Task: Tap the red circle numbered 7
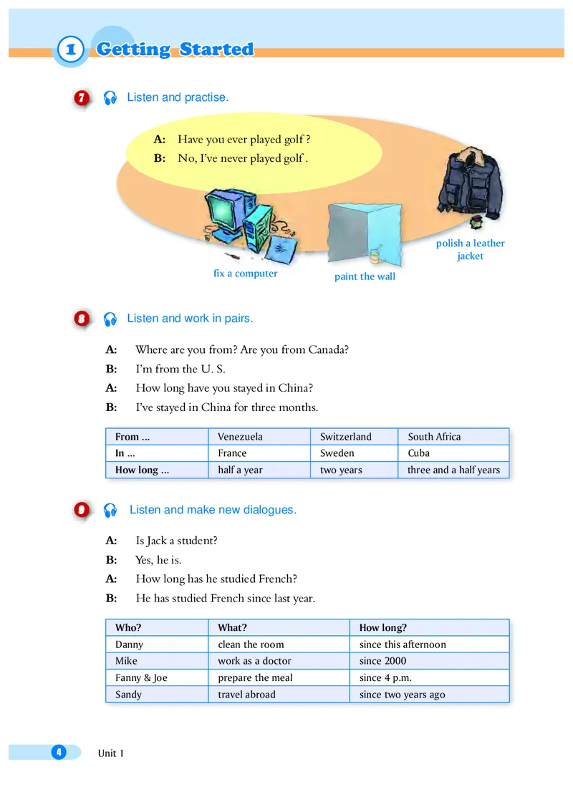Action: [x=82, y=98]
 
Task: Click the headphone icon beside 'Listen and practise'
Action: [x=110, y=98]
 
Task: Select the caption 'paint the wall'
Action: [x=365, y=276]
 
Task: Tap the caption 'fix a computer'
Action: [x=245, y=273]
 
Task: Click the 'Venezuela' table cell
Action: [x=240, y=436]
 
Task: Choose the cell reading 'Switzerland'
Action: [x=345, y=436]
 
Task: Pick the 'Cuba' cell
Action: [x=418, y=453]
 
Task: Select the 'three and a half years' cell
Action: [x=453, y=470]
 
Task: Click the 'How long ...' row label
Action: [x=142, y=470]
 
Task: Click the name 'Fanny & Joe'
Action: [x=141, y=677]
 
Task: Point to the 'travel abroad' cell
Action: [x=246, y=694]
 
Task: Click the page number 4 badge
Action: [x=58, y=751]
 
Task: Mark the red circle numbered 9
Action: [x=82, y=510]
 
